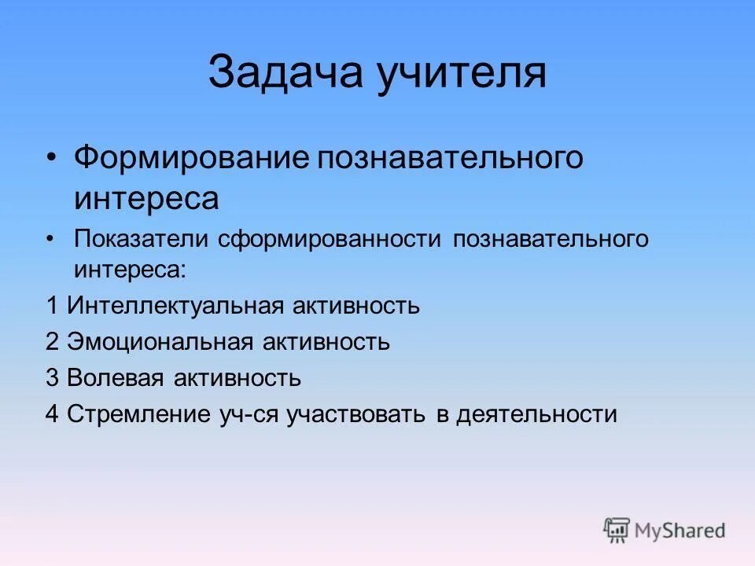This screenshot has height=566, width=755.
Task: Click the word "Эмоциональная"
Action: coord(160,342)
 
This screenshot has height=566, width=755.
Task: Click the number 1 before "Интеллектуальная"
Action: coord(52,306)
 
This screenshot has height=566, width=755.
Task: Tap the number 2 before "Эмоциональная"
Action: coord(52,342)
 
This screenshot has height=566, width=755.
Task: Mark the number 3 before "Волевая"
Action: coord(52,378)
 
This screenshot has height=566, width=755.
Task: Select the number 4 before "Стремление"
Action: coord(52,414)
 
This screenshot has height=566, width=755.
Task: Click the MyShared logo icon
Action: coord(617,531)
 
